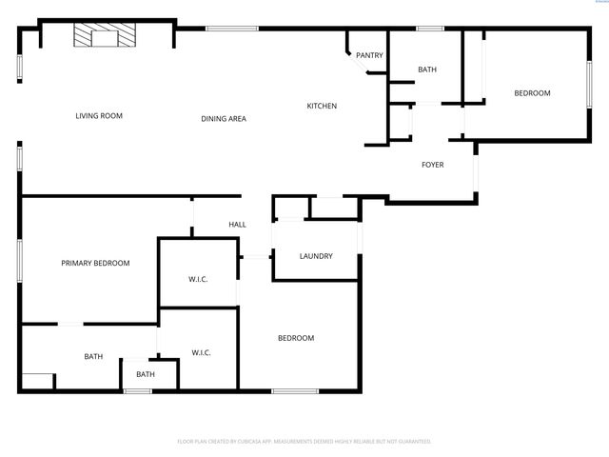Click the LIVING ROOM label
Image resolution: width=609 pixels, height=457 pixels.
100,116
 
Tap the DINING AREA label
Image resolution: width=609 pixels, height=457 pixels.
224,119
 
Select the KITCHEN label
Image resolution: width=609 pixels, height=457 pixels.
322,106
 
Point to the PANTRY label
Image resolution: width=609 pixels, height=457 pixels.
369,55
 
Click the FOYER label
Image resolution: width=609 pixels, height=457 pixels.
433,165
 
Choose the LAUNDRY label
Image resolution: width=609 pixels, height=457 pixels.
315,256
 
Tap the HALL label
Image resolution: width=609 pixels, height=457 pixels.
237,225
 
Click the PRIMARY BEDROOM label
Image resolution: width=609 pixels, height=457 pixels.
95,263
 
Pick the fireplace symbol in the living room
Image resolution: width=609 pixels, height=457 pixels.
105,37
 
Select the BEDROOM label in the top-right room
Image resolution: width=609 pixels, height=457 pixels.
532,92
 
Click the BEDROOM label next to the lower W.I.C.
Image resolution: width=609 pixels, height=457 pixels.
296,338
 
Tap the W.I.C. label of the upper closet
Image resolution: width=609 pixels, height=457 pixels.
198,278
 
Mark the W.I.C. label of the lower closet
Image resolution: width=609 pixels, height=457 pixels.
201,352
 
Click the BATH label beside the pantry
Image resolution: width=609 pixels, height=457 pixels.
426,70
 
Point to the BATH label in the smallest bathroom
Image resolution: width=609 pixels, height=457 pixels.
145,374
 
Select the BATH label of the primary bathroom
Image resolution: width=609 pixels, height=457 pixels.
93,357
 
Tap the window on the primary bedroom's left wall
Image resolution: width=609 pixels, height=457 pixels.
19,260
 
